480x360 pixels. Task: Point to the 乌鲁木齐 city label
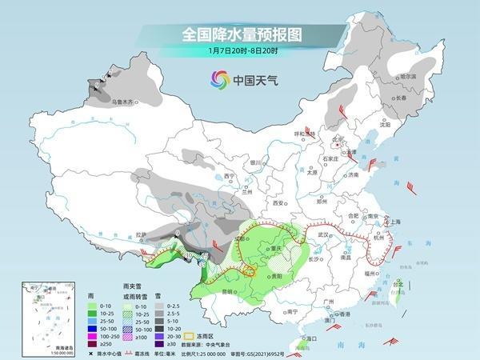pyautogui.click(x=126, y=102)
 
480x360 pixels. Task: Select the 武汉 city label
pyautogui.click(x=324, y=234)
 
